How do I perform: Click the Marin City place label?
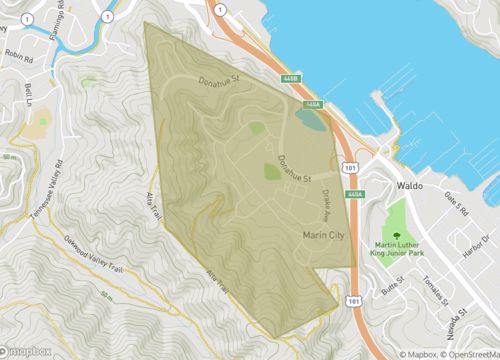pos(323,234)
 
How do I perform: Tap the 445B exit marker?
pos(290,77)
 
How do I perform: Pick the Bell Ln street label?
pos(28,94)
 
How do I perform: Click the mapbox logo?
pos(27,349)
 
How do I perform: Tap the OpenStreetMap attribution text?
pos(468,352)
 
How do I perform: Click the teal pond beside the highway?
pos(310,120)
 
